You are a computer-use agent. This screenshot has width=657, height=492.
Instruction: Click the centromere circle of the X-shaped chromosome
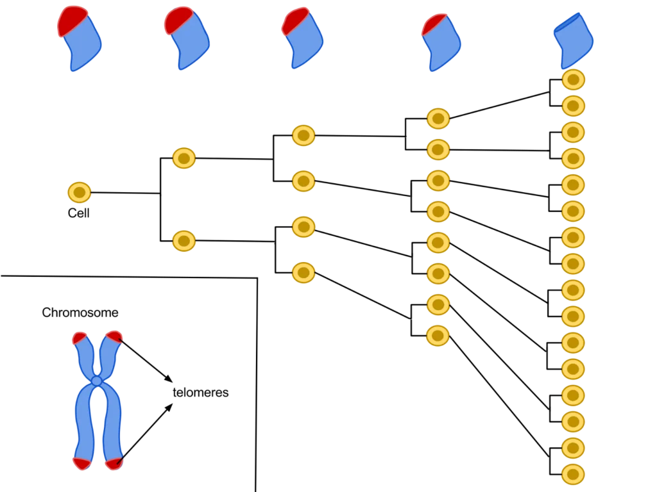pyautogui.click(x=97, y=381)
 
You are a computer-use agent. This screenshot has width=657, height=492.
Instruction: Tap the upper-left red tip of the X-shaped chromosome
pyautogui.click(x=80, y=338)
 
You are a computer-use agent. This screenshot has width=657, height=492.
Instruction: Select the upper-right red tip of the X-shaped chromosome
pyautogui.click(x=114, y=336)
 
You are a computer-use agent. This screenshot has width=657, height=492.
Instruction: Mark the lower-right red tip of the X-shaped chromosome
pyautogui.click(x=114, y=463)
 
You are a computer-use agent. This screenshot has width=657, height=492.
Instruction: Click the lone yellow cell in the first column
pyautogui.click(x=80, y=192)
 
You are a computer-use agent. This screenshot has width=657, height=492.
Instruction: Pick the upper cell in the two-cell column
pyautogui.click(x=184, y=158)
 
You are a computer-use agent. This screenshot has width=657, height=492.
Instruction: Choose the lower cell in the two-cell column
pyautogui.click(x=184, y=241)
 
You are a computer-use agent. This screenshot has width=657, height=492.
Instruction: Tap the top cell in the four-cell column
pyautogui.click(x=303, y=135)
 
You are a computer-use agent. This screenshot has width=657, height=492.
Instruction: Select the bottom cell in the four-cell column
pyautogui.click(x=303, y=273)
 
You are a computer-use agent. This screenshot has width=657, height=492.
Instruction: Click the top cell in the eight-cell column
pyautogui.click(x=438, y=119)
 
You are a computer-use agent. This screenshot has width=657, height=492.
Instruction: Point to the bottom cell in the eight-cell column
pyautogui.click(x=438, y=336)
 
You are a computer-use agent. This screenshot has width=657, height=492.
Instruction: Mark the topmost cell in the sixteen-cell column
pyautogui.click(x=573, y=79)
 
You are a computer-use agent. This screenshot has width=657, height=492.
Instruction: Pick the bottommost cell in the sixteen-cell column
pyautogui.click(x=573, y=474)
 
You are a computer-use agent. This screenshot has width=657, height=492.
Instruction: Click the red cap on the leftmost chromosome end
pyautogui.click(x=71, y=19)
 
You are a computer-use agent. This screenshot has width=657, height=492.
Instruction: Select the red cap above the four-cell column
pyautogui.click(x=294, y=20)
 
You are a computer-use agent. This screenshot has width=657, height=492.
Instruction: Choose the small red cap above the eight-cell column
pyautogui.click(x=433, y=24)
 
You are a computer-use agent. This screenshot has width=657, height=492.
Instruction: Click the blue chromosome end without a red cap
pyautogui.click(x=574, y=38)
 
